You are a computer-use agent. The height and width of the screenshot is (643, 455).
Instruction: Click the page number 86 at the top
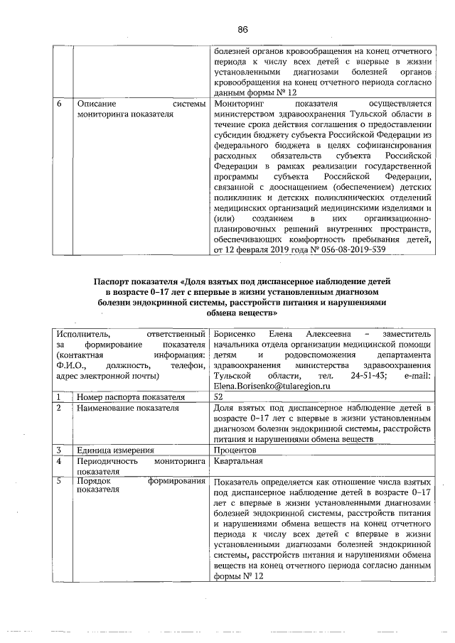click(242, 29)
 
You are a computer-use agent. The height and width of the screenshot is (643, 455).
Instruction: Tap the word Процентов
click(234, 450)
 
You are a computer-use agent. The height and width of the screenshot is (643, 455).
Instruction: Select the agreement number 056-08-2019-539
click(351, 250)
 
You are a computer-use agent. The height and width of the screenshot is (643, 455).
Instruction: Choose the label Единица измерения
click(116, 450)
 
